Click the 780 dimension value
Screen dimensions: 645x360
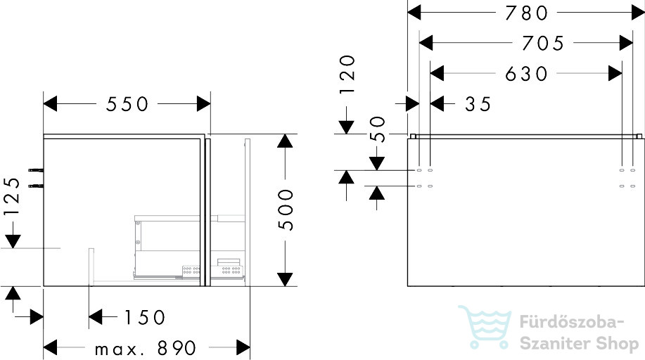point(526,13)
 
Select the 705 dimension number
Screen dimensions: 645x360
point(543,43)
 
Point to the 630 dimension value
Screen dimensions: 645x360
point(526,74)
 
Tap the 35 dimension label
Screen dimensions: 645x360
point(478,104)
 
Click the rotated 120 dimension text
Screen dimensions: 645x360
point(347,74)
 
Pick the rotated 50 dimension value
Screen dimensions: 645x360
point(377,129)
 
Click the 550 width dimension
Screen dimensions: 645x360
point(127,104)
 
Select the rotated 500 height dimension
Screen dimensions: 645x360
point(286,210)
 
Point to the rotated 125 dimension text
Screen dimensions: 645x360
point(11,196)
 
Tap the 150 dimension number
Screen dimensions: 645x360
point(144,317)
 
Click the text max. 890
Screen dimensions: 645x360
point(146,349)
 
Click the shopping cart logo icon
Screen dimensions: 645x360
point(485,327)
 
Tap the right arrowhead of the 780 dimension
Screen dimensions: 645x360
point(638,13)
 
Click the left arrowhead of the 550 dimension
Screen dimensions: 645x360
point(50,103)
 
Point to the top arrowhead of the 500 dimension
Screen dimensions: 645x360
point(285,141)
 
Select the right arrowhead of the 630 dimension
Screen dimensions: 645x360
point(615,74)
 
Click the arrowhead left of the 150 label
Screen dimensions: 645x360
point(96,317)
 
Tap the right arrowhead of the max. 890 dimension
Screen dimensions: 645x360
point(243,347)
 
